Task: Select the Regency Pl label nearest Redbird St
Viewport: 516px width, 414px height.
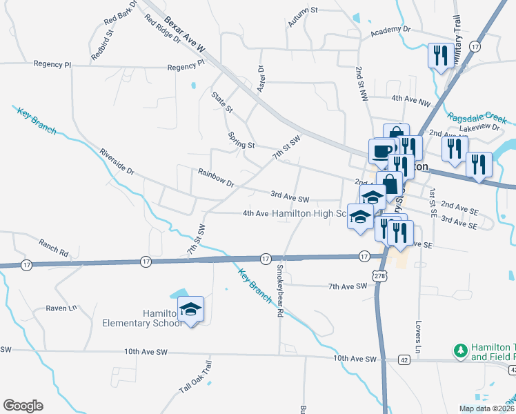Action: click(x=52, y=63)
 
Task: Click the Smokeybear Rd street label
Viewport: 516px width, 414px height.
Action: click(x=280, y=290)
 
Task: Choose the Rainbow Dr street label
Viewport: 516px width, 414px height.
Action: click(x=217, y=178)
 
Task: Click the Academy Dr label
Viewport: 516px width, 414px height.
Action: click(x=390, y=31)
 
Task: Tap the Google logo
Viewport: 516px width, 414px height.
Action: click(x=23, y=406)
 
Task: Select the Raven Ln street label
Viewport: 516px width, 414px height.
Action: click(x=60, y=308)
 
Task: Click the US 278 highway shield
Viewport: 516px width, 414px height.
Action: click(x=379, y=276)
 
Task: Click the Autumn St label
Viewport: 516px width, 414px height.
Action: click(x=302, y=17)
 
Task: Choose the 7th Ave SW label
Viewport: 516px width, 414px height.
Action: click(x=346, y=286)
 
